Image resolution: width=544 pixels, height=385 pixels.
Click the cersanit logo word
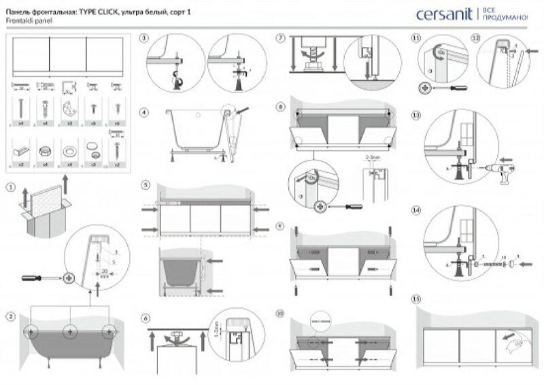(x=445, y=14)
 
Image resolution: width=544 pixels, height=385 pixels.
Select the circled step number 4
(x=143, y=112)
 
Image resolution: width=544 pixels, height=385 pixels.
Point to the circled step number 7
(x=279, y=38)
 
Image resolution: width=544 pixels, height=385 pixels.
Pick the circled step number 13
(x=416, y=116)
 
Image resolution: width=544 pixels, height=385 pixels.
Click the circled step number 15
(x=416, y=299)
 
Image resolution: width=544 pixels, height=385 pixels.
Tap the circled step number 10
(x=279, y=314)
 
